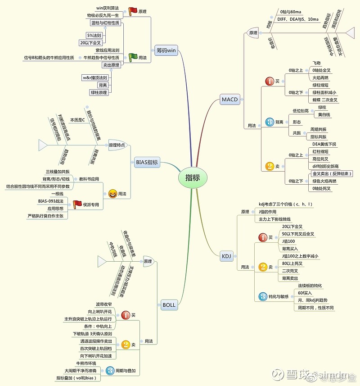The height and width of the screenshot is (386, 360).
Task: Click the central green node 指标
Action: point(192,177)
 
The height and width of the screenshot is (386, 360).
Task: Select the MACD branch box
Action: point(229,99)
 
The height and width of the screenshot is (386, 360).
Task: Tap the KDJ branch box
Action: point(226,256)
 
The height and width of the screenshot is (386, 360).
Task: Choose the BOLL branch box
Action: point(169,305)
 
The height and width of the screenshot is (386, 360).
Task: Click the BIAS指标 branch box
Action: point(147,162)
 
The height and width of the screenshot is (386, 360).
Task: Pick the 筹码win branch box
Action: point(166,50)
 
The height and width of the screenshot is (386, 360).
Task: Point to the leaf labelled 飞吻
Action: point(316,63)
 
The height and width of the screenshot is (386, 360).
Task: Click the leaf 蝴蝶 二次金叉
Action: point(324,100)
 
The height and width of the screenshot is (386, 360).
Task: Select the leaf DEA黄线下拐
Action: point(324,144)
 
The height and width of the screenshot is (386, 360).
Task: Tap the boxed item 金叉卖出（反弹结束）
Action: point(332,173)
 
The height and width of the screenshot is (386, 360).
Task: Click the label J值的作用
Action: point(268,212)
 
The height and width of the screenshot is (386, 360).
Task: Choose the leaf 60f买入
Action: point(305,293)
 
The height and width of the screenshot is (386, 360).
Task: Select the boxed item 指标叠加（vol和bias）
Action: point(78,378)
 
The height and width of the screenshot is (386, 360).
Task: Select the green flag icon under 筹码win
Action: point(133,57)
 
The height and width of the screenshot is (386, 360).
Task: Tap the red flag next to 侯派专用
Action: point(77,204)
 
